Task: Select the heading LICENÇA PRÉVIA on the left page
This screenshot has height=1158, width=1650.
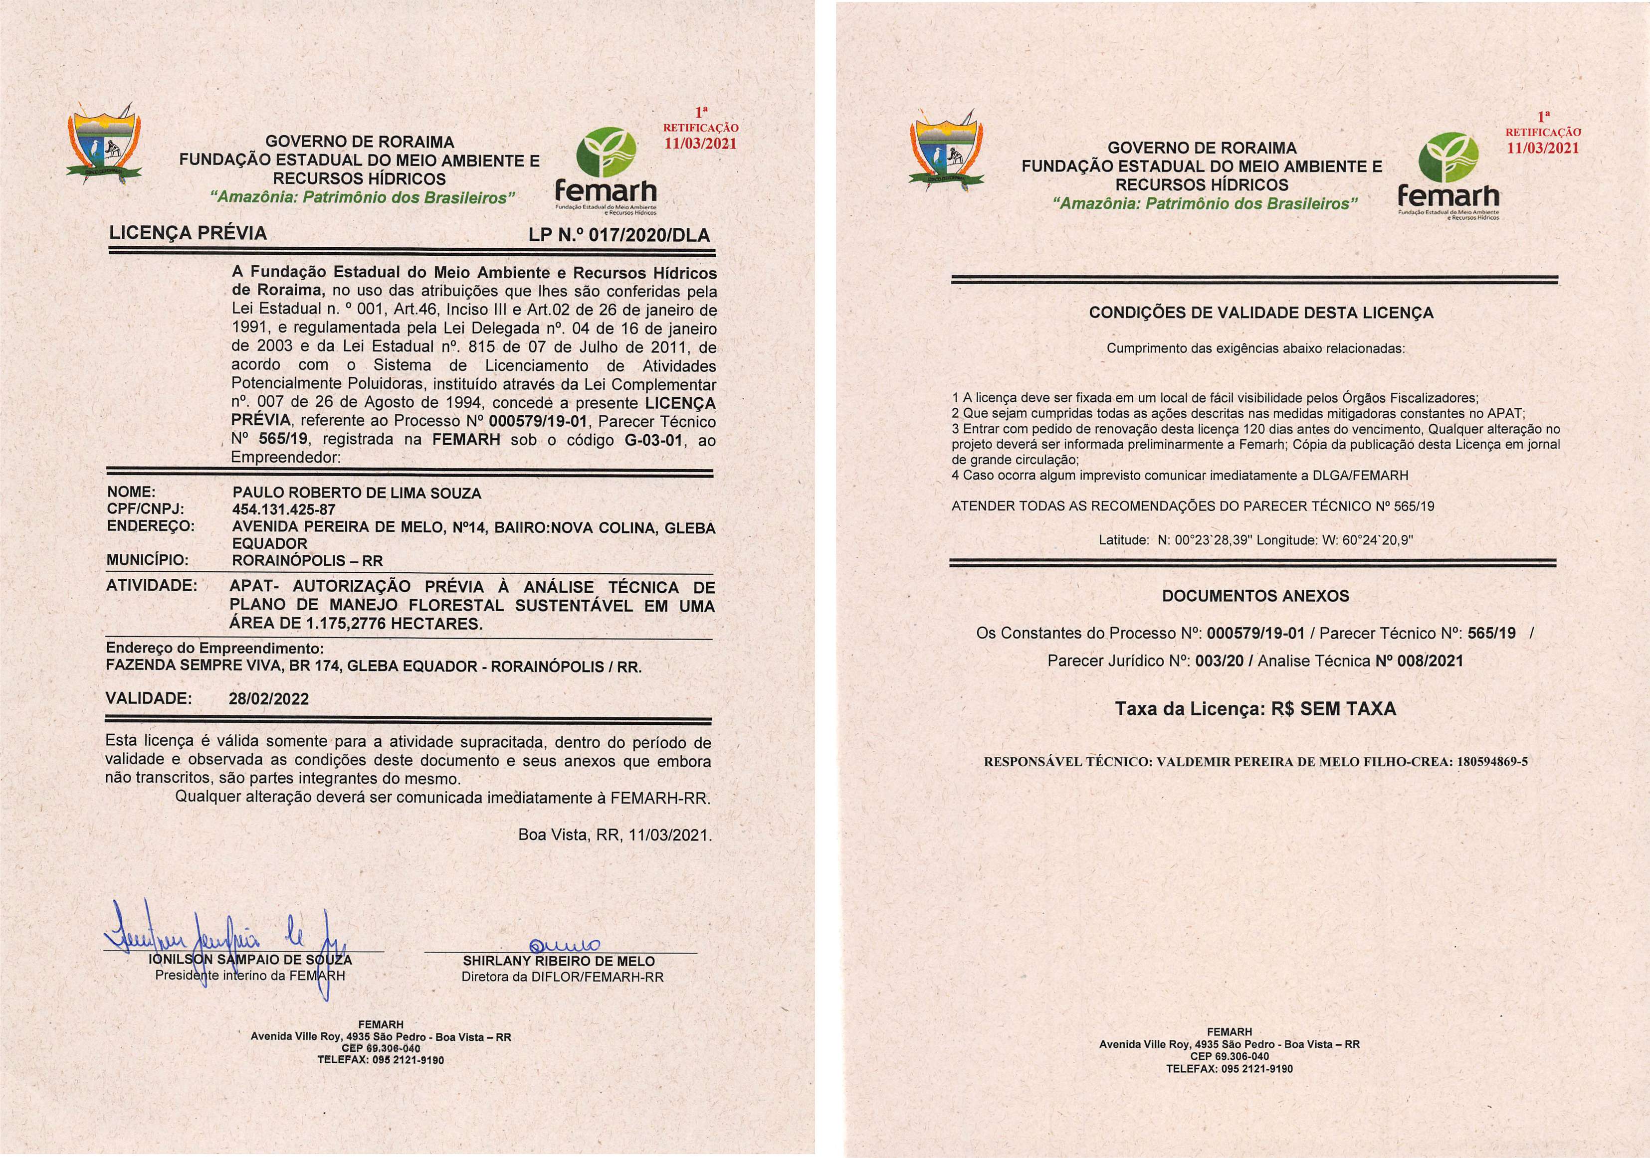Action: click(187, 233)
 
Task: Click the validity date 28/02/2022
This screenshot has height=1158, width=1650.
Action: click(269, 698)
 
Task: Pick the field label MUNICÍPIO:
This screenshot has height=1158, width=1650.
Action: click(147, 560)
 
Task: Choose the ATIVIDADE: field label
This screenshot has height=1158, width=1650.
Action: click(152, 585)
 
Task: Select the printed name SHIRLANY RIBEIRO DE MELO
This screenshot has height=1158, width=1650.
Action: click(558, 961)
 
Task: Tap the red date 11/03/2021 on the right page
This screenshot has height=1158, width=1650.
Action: click(1542, 148)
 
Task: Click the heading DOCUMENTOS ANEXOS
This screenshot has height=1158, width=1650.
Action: click(1255, 596)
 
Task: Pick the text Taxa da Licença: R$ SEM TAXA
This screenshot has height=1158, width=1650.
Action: click(1255, 709)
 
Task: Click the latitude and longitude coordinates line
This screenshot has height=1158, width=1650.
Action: click(1255, 540)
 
